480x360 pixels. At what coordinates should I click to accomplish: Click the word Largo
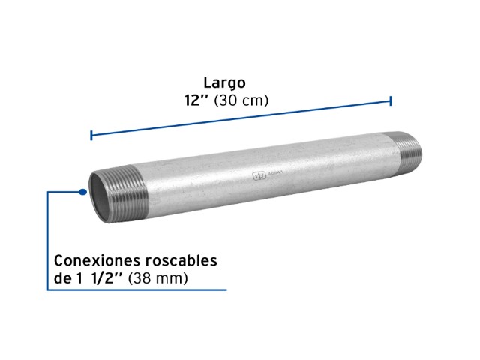[225, 83]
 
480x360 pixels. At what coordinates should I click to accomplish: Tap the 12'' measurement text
[196, 100]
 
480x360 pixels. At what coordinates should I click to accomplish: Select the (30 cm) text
[241, 100]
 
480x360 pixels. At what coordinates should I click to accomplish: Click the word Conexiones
[97, 260]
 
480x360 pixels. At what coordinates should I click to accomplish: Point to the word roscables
[181, 260]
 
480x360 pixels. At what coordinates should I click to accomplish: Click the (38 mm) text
[158, 278]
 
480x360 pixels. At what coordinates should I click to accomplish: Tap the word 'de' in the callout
[63, 278]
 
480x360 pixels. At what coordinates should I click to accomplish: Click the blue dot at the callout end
[82, 192]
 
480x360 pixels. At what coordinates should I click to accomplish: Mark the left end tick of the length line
[91, 135]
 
